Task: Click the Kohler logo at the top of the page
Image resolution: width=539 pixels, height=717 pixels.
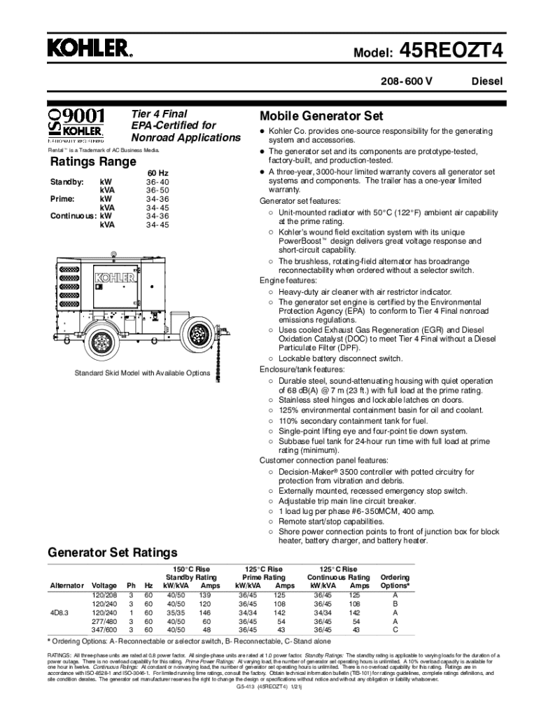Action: (90, 48)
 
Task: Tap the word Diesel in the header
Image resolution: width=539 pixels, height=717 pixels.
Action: (486, 82)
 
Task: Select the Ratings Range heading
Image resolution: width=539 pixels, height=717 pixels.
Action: (92, 162)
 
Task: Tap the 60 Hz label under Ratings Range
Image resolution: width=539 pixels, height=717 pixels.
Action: (157, 173)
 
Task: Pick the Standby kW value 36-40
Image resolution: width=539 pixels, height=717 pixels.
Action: (157, 181)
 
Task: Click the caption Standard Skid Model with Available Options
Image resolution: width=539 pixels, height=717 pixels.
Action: (142, 373)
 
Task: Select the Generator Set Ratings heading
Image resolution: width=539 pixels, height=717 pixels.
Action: (112, 552)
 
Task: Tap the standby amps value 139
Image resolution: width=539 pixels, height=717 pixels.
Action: (205, 594)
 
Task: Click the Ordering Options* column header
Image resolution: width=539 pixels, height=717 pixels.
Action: (395, 581)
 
